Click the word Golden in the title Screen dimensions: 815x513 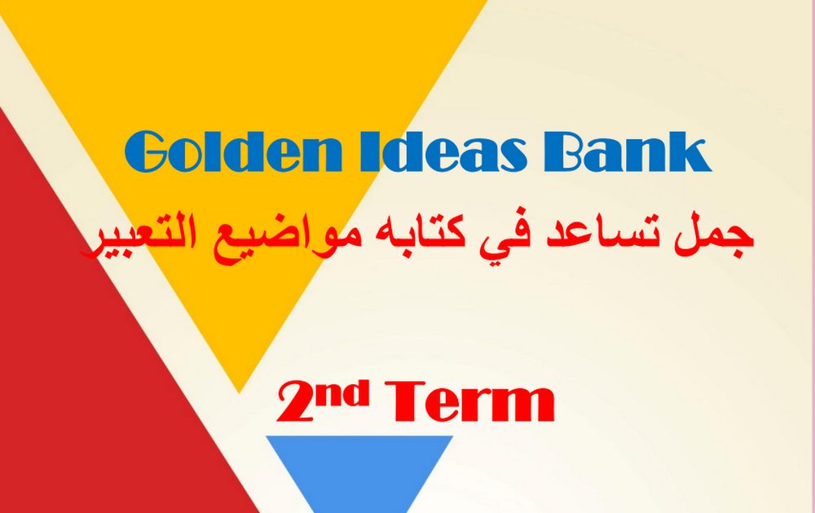coord(233,151)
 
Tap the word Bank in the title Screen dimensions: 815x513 coord(628,151)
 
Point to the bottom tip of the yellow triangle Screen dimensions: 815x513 coord(239,393)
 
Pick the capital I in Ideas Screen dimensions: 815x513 coord(369,151)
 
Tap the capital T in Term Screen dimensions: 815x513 coord(404,402)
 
